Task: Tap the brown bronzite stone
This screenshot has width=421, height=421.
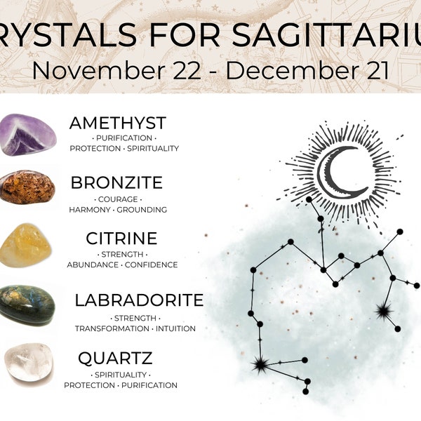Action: coord(27,187)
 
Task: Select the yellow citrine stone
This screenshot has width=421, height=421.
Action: coord(28,245)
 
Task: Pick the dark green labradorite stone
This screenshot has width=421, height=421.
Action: coord(27,304)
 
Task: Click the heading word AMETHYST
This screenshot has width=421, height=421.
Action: coord(117,123)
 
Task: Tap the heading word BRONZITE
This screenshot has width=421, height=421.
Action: coord(116,183)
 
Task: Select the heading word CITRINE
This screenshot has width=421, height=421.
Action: coord(121,239)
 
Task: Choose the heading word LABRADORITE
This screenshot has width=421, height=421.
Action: coord(139,300)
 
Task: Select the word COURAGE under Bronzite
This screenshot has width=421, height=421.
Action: coord(117,199)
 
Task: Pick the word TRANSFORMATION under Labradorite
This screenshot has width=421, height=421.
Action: coord(113,328)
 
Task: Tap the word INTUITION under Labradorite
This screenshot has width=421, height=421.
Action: coord(176,328)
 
